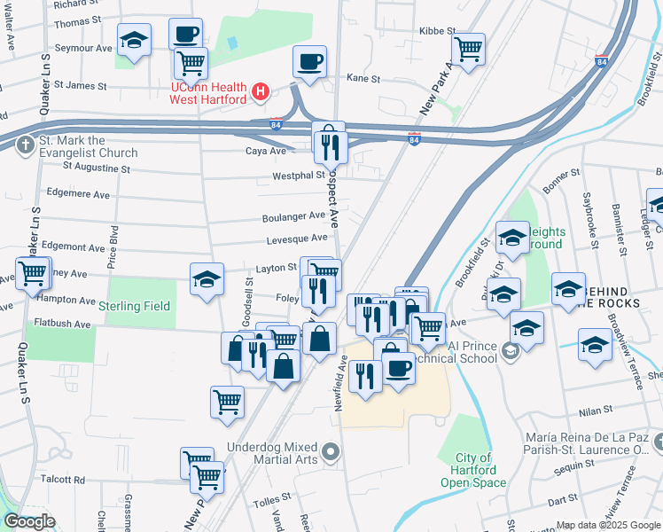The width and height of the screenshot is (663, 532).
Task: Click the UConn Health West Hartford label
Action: [208, 93]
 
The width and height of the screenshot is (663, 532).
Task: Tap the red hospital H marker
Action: [261, 91]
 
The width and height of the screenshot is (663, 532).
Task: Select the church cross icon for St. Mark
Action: [27, 144]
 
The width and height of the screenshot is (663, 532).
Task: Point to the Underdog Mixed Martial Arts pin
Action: [331, 454]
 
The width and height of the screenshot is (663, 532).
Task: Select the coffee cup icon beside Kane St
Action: [309, 61]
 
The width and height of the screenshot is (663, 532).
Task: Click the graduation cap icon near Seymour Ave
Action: [134, 39]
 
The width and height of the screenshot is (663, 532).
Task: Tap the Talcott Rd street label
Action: [67, 480]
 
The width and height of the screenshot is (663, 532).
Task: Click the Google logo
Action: [28, 521]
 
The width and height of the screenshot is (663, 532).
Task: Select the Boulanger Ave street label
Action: [293, 215]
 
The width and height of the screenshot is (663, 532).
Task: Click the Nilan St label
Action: [596, 411]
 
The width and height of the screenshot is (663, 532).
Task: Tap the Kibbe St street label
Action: [437, 31]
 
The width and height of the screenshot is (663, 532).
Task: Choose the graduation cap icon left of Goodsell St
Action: [207, 279]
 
